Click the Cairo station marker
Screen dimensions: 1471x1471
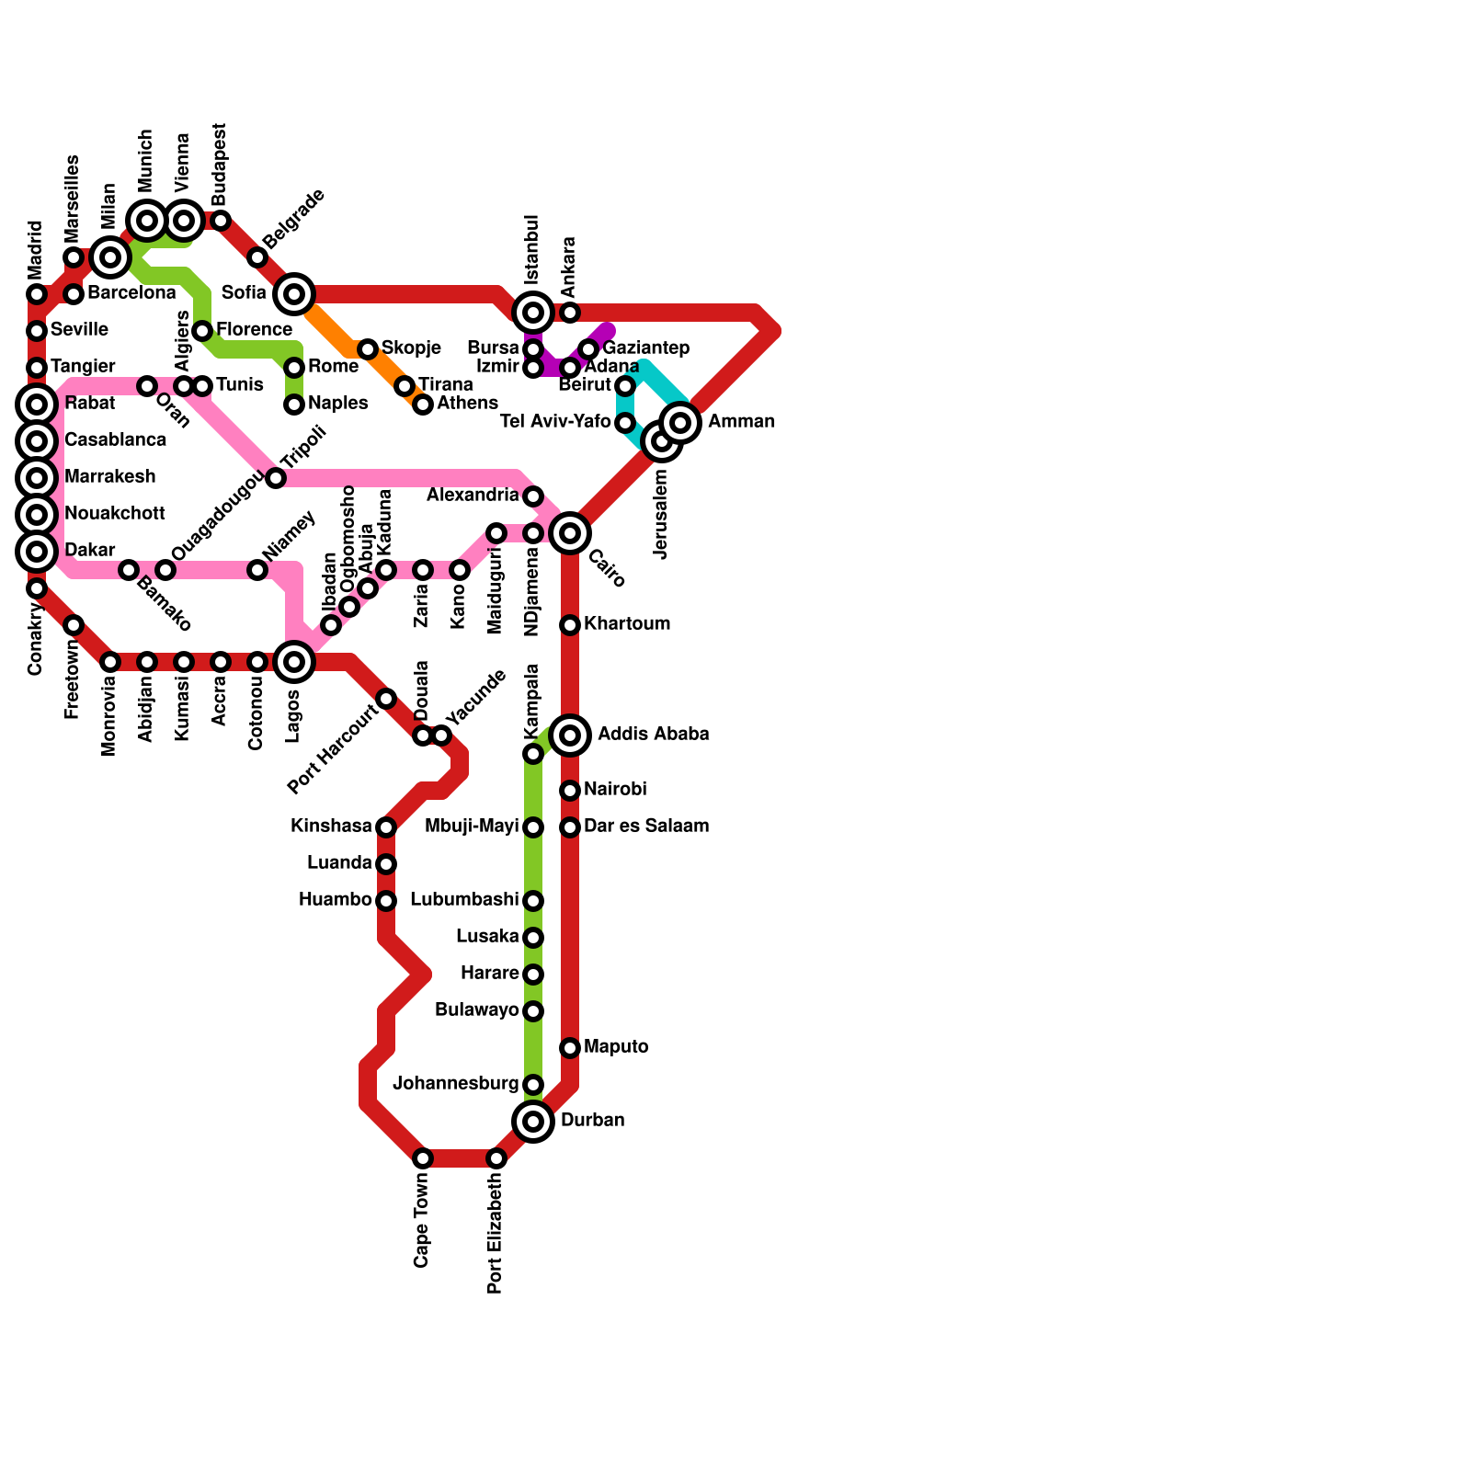tap(570, 533)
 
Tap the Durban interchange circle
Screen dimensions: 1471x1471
tap(533, 1122)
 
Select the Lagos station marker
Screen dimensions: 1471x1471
tap(294, 662)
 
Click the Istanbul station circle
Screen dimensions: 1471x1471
tap(533, 313)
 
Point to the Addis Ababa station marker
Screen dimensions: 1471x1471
tap(570, 735)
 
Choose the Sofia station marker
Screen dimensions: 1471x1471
tap(294, 294)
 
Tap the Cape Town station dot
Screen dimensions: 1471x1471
tap(423, 1158)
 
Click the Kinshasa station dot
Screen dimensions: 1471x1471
tap(386, 827)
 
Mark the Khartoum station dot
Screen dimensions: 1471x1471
tap(570, 625)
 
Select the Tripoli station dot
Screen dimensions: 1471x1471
tap(276, 478)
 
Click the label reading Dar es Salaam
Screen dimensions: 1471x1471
tap(646, 827)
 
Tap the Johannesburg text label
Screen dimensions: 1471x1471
tap(456, 1084)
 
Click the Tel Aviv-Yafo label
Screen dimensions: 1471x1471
tap(555, 422)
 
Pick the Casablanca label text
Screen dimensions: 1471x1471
tap(116, 440)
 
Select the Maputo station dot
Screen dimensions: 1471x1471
tap(570, 1048)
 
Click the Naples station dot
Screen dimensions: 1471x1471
tap(294, 405)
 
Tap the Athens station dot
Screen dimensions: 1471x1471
tap(423, 405)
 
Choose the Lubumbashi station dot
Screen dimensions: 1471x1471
tap(533, 901)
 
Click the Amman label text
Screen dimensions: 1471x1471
tap(741, 422)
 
